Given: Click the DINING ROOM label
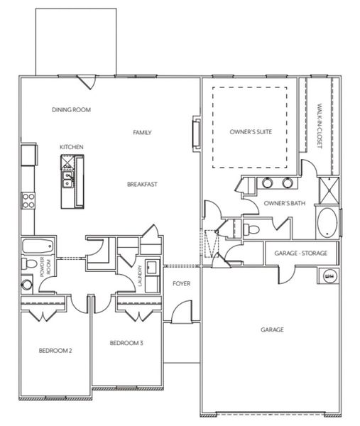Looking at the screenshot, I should point(72,110).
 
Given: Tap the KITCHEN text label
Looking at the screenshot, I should point(72,147).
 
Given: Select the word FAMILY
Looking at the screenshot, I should point(143,132).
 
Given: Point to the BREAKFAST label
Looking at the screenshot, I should point(142,185).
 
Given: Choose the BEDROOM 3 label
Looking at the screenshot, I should point(126,344).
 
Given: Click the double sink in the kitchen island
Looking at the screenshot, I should point(67,178).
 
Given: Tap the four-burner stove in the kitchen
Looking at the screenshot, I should point(28,200).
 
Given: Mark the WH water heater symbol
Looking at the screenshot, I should point(329,276).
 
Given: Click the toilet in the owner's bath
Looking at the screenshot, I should point(253,229).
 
